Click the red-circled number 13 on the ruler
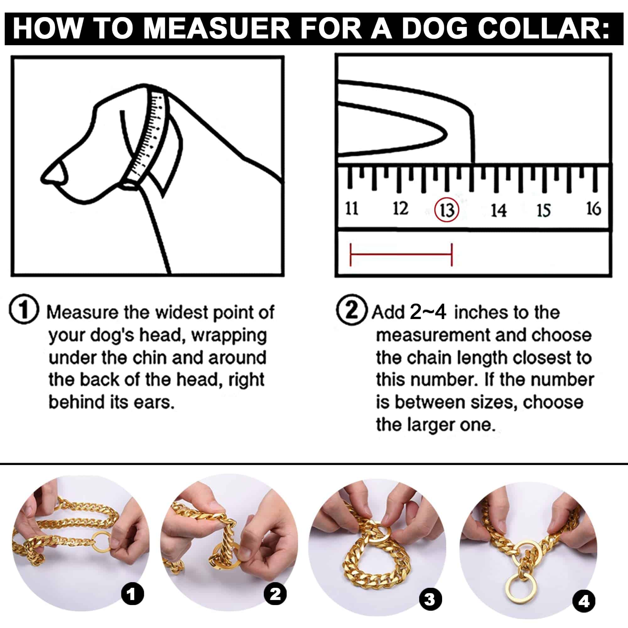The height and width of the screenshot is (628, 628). (x=447, y=210)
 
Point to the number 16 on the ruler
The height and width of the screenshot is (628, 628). (x=593, y=208)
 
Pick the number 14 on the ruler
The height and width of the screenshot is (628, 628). (x=498, y=210)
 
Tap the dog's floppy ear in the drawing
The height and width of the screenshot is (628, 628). (x=171, y=156)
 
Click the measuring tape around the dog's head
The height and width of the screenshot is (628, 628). (x=151, y=137)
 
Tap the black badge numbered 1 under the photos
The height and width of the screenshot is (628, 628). (x=132, y=594)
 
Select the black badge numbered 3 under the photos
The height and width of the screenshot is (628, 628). (x=430, y=599)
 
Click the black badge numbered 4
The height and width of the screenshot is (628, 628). (x=584, y=601)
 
